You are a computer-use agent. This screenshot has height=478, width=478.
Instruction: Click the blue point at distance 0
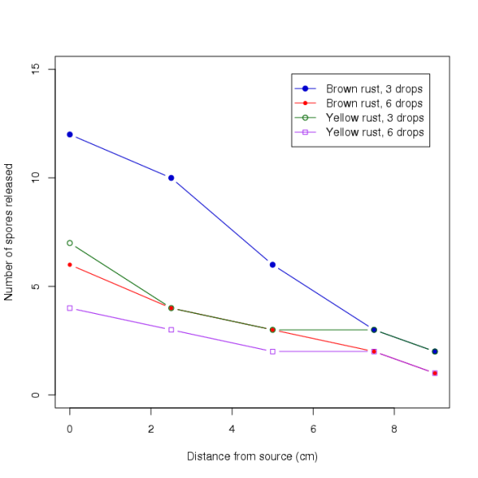click(70, 135)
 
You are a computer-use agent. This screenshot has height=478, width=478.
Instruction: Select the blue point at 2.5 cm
click(171, 178)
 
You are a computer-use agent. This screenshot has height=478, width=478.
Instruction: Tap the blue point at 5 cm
click(272, 264)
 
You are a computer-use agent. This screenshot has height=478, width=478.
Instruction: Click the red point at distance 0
click(70, 264)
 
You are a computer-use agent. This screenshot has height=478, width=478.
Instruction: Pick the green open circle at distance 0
click(70, 243)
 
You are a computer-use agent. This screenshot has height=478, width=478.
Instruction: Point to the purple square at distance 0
click(70, 308)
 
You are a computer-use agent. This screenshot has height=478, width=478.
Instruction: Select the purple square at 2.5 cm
click(171, 330)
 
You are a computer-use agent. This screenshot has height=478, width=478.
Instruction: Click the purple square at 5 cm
click(272, 351)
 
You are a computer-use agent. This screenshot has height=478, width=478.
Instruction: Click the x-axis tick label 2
click(151, 428)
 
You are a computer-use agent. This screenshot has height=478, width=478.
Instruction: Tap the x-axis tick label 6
click(313, 428)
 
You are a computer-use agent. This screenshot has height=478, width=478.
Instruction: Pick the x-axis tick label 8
click(394, 428)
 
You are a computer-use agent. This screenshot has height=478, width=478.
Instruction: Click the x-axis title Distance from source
click(252, 457)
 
